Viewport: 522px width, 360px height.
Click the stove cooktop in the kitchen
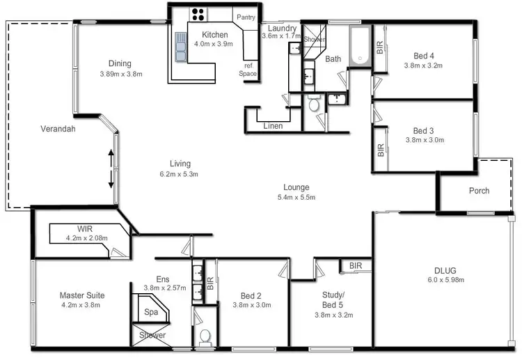click(x=198, y=15)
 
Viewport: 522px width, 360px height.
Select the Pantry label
click(x=246, y=17)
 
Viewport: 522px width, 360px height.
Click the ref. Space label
click(x=248, y=69)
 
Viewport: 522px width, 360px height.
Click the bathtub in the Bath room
click(x=360, y=47)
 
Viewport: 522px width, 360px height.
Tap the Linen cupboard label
click(x=273, y=126)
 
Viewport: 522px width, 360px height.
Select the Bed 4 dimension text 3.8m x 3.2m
click(x=423, y=66)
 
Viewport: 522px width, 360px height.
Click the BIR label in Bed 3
click(x=381, y=150)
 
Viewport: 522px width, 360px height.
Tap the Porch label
click(x=479, y=190)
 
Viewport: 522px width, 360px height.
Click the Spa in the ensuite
click(x=150, y=313)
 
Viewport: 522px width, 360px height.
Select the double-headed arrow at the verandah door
click(x=111, y=168)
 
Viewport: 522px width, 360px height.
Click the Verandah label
click(x=57, y=129)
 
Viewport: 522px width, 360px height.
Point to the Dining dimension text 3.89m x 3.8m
click(x=120, y=74)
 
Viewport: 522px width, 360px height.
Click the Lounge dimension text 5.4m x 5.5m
click(x=296, y=197)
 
